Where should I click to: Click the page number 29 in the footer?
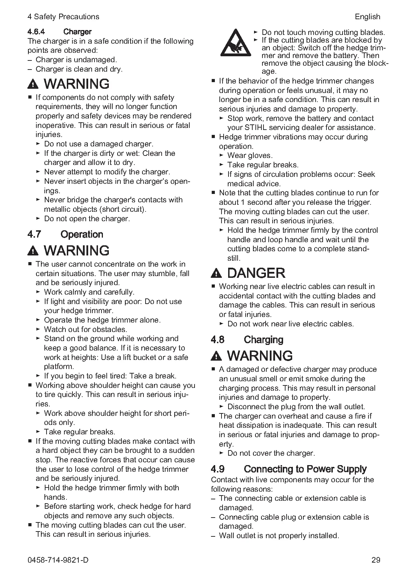pyautogui.click(x=376, y=560)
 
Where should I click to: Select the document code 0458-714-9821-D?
pyautogui.click(x=58, y=560)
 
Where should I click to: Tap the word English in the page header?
pyautogui.click(x=367, y=17)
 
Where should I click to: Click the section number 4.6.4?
pyautogui.click(x=36, y=32)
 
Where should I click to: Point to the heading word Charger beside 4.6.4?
pyautogui.click(x=77, y=32)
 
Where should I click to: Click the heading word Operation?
pyautogui.click(x=82, y=234)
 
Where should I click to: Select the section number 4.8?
pyautogui.click(x=218, y=340)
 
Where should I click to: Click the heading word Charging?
pyautogui.click(x=263, y=340)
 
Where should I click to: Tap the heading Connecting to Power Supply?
pyautogui.click(x=305, y=469)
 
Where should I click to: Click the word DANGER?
pyautogui.click(x=256, y=273)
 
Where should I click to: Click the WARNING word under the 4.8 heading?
pyautogui.click(x=260, y=356)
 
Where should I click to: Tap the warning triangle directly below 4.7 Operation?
pyautogui.click(x=33, y=251)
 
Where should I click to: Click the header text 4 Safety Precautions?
pyautogui.click(x=63, y=17)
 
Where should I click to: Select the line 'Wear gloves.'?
pyautogui.click(x=250, y=156)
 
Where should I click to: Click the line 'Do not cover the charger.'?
pyautogui.click(x=271, y=453)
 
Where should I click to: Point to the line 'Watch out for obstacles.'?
pyautogui.click(x=85, y=329)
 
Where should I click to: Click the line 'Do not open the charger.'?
pyautogui.click(x=87, y=219)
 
